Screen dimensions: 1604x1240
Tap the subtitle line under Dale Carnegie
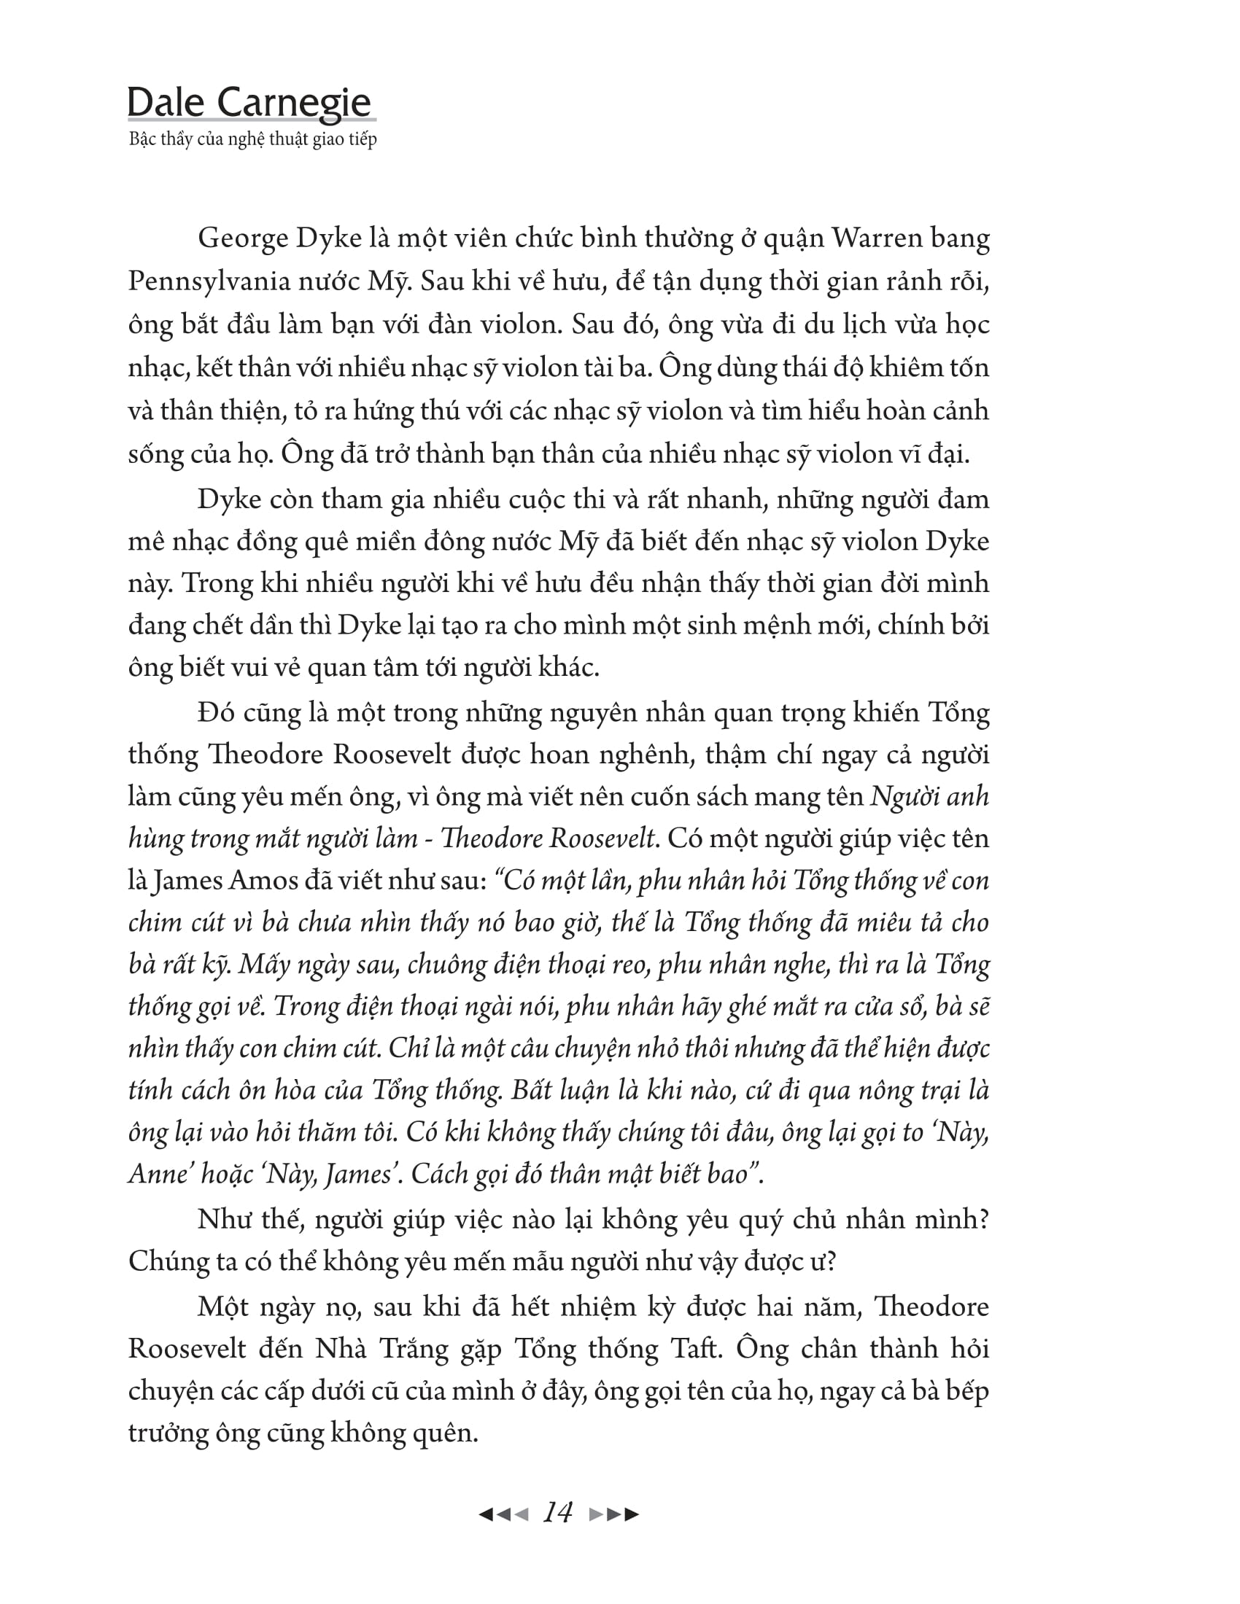[x=252, y=139]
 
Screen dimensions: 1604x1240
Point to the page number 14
[x=557, y=1513]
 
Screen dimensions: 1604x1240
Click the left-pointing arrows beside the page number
[x=503, y=1514]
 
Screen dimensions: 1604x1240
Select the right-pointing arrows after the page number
[x=614, y=1514]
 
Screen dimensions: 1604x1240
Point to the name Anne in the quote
[x=156, y=1174]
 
